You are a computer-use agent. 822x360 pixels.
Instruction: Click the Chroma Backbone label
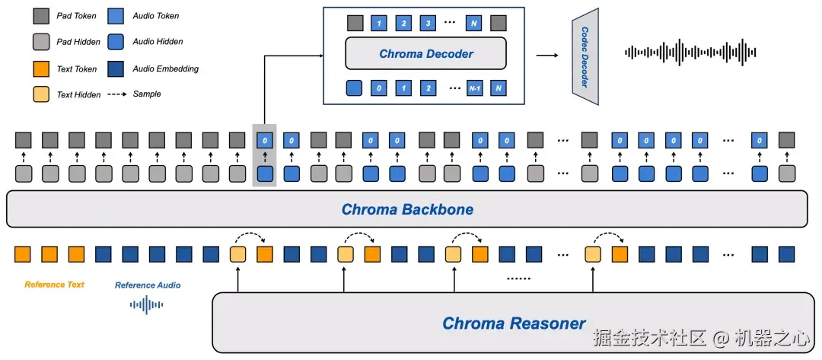pos(407,209)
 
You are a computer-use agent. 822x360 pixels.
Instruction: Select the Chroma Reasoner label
pos(515,323)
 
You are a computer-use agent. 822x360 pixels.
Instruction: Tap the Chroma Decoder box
pos(425,54)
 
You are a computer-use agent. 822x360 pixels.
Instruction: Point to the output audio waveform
pos(690,53)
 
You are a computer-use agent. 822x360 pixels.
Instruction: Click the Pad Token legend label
pos(76,15)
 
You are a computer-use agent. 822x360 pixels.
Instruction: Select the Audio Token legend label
pos(156,15)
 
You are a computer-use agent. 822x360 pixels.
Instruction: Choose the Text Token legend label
pos(77,68)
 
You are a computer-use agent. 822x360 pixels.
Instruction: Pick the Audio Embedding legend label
pos(165,68)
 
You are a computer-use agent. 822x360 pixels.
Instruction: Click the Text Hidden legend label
pos(78,94)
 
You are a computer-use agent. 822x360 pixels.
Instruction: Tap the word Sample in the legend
pos(147,94)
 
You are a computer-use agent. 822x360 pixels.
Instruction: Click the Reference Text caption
pos(54,285)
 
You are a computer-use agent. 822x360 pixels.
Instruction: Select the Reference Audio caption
pos(148,285)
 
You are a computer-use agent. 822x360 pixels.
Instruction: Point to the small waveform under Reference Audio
pos(147,305)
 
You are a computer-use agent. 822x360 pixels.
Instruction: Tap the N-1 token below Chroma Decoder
pos(475,88)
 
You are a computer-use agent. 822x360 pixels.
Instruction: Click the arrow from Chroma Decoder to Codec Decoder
pos(546,55)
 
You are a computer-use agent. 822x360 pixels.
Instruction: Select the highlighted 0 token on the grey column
pos(264,140)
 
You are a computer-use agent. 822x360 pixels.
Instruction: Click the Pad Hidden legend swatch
pos(41,42)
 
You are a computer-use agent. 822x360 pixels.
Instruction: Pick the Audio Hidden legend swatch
pos(117,42)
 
